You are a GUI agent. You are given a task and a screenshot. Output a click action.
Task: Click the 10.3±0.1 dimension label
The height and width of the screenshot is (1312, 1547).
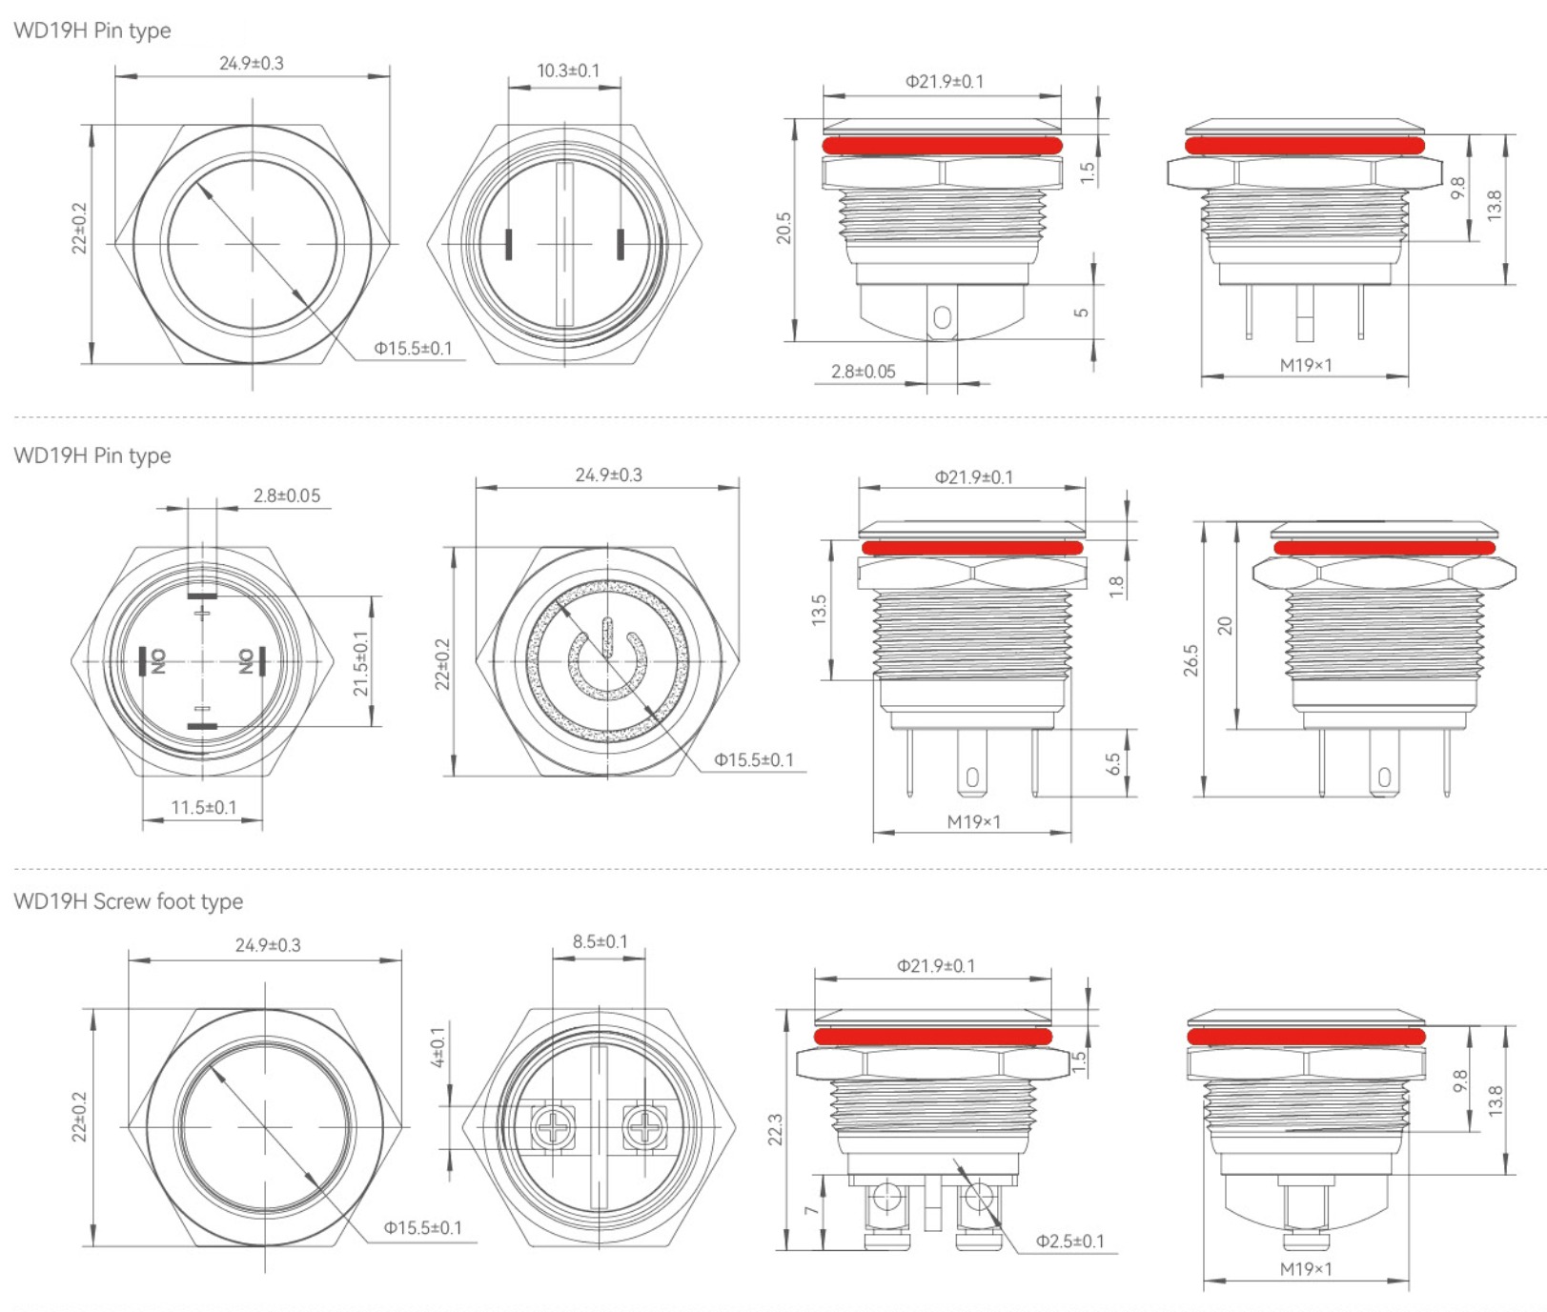pyautogui.click(x=568, y=71)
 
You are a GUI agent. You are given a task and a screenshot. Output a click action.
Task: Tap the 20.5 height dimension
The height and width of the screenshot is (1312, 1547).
pyautogui.click(x=784, y=229)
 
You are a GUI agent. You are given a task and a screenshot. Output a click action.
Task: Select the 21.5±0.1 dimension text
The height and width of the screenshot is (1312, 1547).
pyautogui.click(x=361, y=663)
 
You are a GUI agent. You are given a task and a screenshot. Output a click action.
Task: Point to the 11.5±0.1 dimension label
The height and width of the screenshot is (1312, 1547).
pyautogui.click(x=204, y=808)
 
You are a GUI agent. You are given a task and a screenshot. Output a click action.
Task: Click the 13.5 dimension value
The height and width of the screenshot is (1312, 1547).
pyautogui.click(x=819, y=610)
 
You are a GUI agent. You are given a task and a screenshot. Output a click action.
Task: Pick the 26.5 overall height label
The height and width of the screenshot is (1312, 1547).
pyautogui.click(x=1191, y=661)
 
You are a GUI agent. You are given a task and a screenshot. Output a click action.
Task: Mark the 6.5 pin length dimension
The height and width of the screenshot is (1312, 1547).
pyautogui.click(x=1113, y=764)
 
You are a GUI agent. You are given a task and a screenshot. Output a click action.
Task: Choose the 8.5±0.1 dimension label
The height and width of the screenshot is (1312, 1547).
pyautogui.click(x=600, y=941)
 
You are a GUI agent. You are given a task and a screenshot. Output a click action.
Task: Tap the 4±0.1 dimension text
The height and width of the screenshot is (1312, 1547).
pyautogui.click(x=438, y=1047)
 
